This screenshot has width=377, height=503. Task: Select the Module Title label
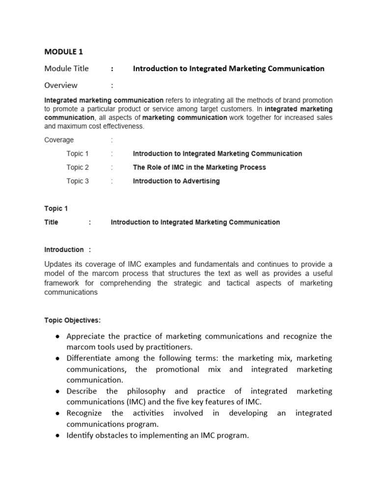(67, 69)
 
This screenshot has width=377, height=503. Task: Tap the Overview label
(61, 85)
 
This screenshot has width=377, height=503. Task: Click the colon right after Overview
(112, 85)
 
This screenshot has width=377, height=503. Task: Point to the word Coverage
(59, 140)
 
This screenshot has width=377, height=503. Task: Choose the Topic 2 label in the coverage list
(78, 168)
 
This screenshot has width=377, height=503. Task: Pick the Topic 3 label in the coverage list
(78, 181)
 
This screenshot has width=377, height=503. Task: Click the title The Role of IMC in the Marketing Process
(199, 168)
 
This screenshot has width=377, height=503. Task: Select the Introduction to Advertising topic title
(176, 181)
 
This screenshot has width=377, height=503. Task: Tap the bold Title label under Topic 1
(51, 223)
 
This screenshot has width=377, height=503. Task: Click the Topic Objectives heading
(72, 321)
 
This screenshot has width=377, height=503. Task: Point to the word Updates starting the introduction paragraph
(58, 265)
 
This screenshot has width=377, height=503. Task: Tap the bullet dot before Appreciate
(58, 336)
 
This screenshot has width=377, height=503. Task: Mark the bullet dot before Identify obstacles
(58, 435)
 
